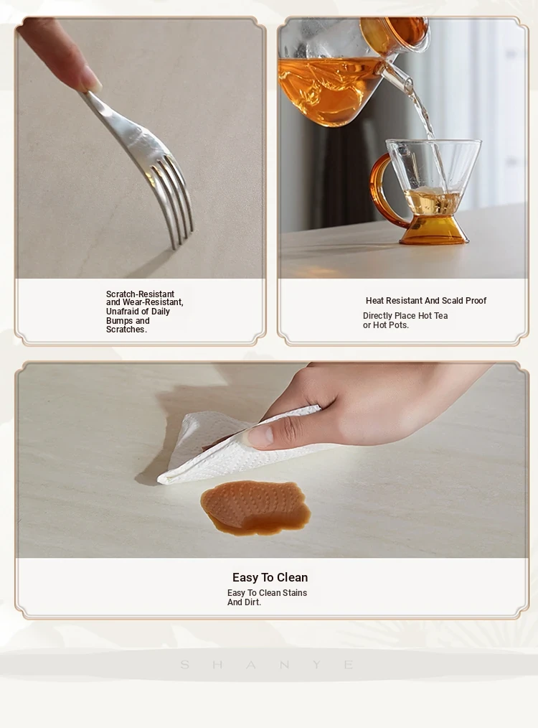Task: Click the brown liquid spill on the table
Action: (x=255, y=508)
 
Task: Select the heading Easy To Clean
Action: (x=270, y=577)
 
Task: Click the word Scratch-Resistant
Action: (x=140, y=294)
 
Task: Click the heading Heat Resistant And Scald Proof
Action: (x=426, y=300)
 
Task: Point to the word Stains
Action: (x=295, y=593)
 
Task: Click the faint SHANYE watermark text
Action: (x=268, y=665)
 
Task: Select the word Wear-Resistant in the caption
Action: (x=153, y=303)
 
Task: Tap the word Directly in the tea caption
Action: (x=379, y=316)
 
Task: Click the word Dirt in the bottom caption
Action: (x=253, y=602)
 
